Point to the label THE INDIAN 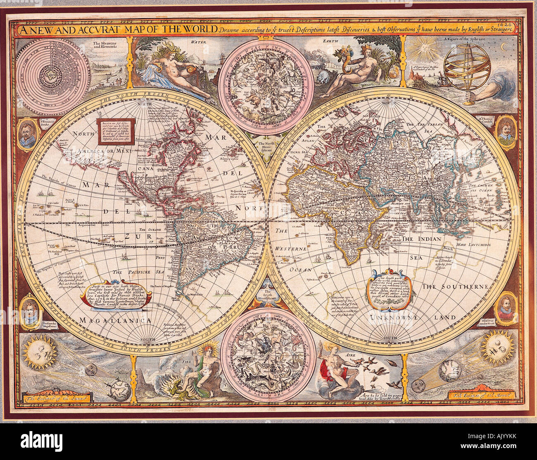[422, 239]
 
